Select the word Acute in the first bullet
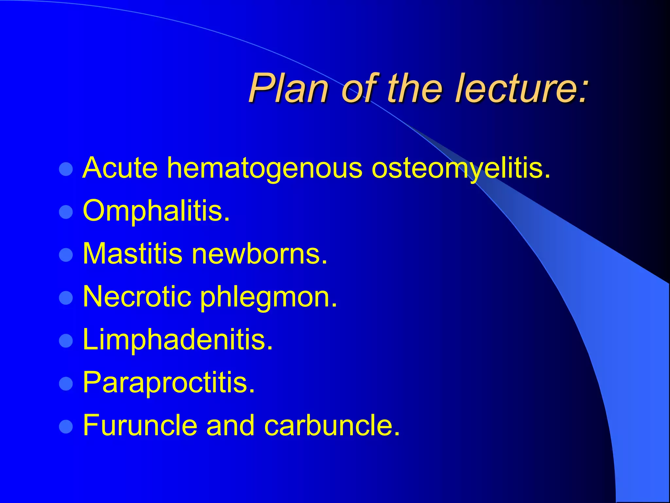120,168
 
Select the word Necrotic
137,297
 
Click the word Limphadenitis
178,340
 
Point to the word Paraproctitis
168,383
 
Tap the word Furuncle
140,425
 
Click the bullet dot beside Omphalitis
66,212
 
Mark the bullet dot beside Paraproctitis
66,384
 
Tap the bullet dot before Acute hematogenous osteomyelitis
66,169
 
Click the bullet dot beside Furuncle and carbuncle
66,427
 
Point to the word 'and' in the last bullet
230,425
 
